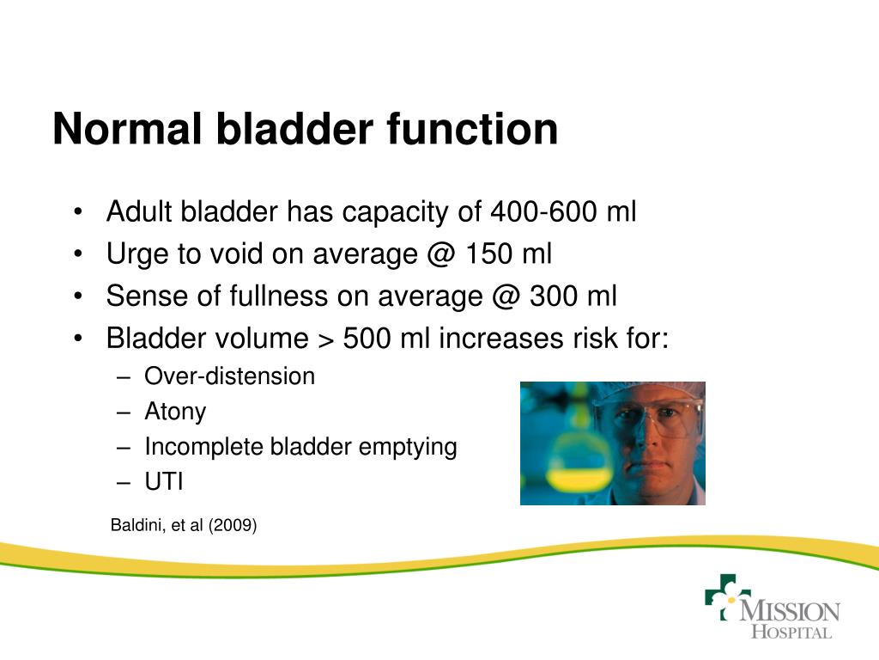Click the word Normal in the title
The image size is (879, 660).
(x=127, y=130)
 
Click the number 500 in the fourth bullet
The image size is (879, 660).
(x=367, y=339)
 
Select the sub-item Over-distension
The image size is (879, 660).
(x=229, y=376)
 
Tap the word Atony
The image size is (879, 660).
(x=175, y=412)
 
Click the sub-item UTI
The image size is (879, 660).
(x=164, y=482)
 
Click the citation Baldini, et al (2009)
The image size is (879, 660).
(x=184, y=525)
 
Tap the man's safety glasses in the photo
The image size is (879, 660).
(x=652, y=418)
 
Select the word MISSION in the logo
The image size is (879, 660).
(x=789, y=612)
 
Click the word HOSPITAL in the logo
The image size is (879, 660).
(x=791, y=632)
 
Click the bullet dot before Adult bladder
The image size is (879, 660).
(x=79, y=212)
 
